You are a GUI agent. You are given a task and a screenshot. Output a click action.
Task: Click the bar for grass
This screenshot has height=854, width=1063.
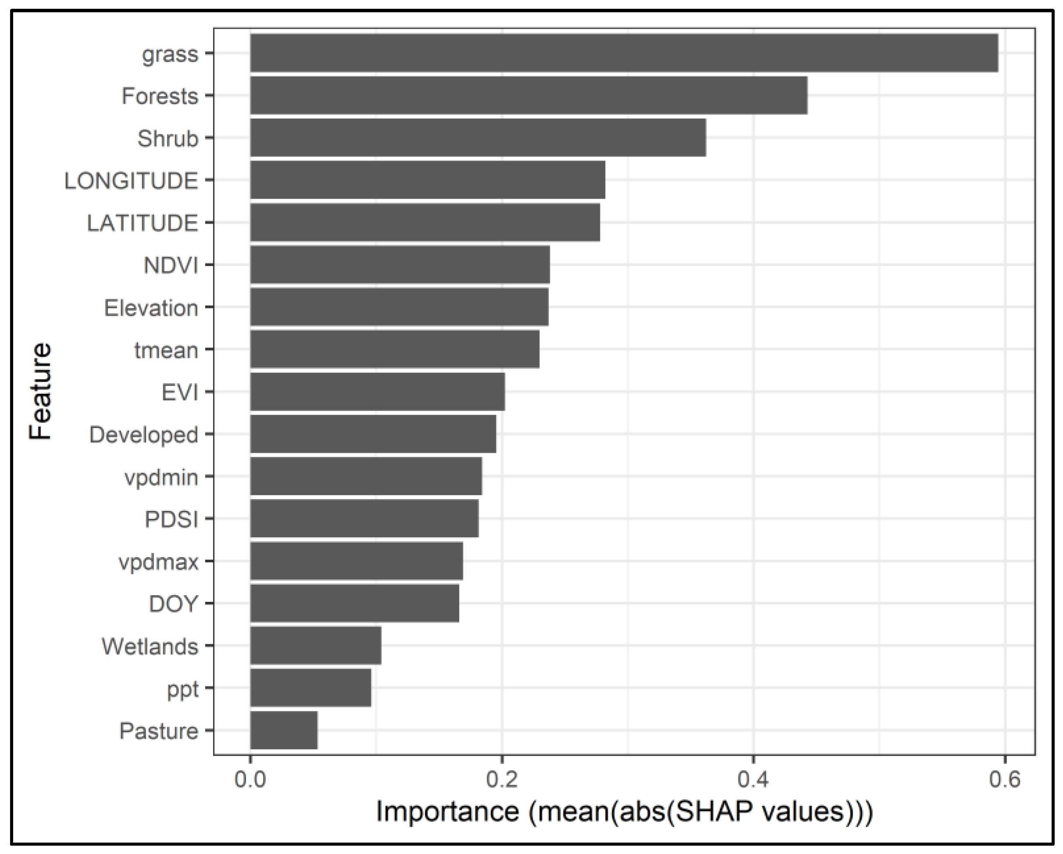coord(624,53)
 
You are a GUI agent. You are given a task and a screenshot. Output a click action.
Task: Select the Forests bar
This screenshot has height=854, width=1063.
coord(528,95)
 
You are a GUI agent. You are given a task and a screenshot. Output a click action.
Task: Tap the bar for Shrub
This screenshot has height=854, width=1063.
coord(478,138)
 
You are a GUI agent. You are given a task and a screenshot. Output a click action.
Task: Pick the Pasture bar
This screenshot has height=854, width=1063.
coord(284,730)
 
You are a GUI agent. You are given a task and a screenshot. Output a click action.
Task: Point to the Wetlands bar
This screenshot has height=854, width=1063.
coord(316,645)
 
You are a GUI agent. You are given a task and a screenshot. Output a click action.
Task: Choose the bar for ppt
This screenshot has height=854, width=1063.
coord(310,688)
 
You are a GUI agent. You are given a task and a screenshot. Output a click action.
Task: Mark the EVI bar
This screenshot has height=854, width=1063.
coord(377,392)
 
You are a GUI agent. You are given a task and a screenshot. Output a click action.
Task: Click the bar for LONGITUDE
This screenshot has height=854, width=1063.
coord(428,180)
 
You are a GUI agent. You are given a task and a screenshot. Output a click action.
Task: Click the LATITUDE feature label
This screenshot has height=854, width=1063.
coord(143,223)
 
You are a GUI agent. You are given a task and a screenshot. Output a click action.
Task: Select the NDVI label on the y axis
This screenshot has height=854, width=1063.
coord(171,265)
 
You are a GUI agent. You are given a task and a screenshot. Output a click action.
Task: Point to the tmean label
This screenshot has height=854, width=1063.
coord(166,350)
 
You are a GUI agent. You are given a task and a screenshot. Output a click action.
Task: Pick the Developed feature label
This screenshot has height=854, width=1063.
coord(143,435)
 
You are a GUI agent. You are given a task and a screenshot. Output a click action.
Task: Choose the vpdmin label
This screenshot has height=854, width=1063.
coord(161,477)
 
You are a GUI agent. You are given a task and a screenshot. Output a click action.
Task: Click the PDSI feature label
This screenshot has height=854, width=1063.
coord(171,519)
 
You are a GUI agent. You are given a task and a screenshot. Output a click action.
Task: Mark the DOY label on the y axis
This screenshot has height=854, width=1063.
coord(173,604)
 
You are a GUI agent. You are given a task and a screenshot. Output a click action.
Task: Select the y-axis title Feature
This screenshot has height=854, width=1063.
coord(40,390)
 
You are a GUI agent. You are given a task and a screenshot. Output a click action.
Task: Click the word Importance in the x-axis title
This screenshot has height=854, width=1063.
coord(447,811)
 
